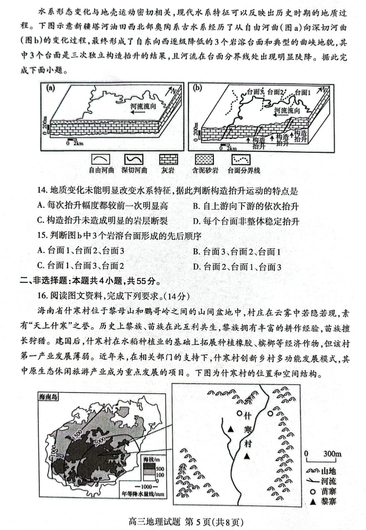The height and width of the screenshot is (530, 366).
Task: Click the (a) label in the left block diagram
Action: click(x=50, y=88)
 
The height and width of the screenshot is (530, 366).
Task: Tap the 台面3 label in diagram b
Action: click(x=255, y=92)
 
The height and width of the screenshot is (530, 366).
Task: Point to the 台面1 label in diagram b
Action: click(x=302, y=92)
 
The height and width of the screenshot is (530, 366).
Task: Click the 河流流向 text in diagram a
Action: click(x=143, y=106)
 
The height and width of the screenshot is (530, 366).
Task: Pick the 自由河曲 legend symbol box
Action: click(x=101, y=160)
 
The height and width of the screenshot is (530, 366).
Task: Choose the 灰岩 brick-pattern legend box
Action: click(x=168, y=160)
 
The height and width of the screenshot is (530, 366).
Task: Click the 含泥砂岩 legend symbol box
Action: click(x=204, y=160)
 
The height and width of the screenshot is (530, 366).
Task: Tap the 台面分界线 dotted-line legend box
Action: click(x=241, y=160)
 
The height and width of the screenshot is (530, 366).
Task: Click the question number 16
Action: click(x=42, y=296)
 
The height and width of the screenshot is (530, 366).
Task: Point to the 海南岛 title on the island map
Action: click(x=48, y=396)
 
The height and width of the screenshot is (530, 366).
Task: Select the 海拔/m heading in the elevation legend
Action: click(x=151, y=460)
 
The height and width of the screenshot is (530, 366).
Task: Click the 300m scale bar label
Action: click(x=332, y=453)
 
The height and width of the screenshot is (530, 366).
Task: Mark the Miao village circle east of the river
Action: click(x=270, y=413)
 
